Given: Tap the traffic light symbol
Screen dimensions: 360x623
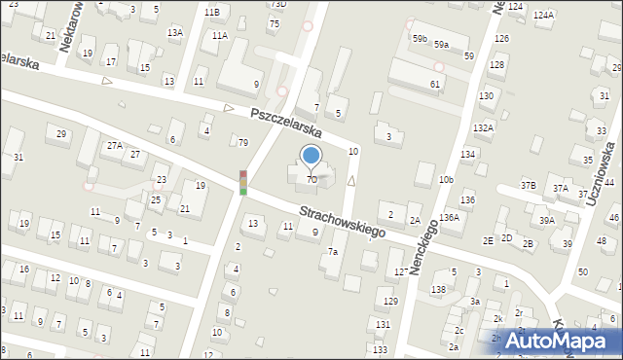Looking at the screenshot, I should [243, 182].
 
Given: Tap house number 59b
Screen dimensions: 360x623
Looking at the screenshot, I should [420, 38].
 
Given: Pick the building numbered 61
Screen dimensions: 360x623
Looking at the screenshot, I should [435, 85].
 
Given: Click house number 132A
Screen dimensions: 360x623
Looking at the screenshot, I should [483, 127].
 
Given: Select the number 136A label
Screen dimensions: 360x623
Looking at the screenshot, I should [449, 218].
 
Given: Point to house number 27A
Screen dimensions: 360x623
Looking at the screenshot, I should [115, 145].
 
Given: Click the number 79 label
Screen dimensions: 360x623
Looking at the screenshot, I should [243, 143].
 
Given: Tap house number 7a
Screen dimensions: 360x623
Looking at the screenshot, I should [333, 252].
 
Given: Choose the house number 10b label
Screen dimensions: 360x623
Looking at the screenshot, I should [446, 180].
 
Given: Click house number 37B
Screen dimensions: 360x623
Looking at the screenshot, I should [528, 185].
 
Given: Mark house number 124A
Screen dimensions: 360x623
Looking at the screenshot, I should [543, 16].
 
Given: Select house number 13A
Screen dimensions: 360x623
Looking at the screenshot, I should [174, 32].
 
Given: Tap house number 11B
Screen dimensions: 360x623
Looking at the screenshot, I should [211, 11].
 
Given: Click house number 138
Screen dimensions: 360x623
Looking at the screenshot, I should [439, 289].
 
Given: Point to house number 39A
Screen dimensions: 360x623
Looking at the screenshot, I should [548, 221].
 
